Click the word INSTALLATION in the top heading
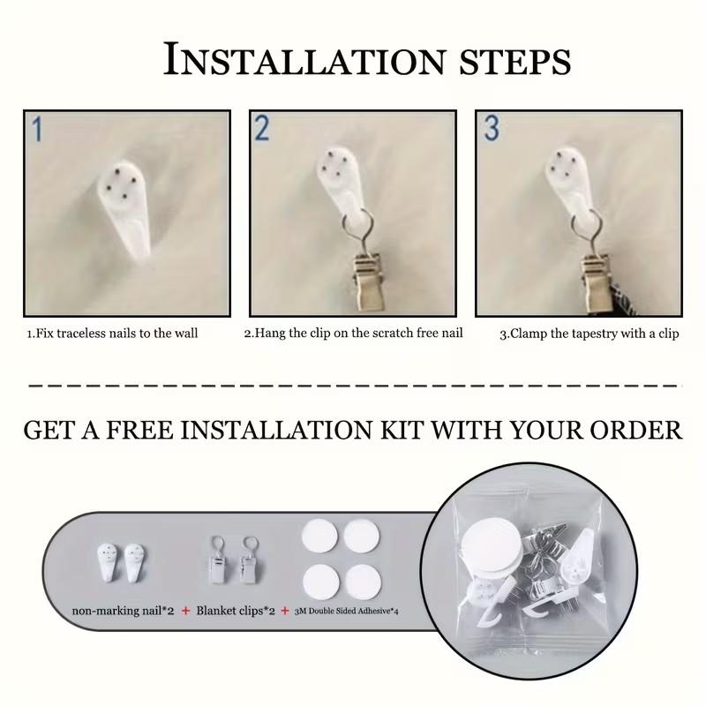pos(304,59)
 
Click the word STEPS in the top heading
pos(515,62)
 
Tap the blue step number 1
pos(38,129)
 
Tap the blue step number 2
pos(262,128)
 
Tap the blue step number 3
pos(492,128)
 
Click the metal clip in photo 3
pos(594,282)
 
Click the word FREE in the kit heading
pos(139,430)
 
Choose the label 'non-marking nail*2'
pos(123,611)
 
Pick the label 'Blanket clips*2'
pos(236,611)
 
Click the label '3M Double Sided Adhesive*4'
pos(346,611)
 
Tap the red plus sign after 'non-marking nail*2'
pos(185,611)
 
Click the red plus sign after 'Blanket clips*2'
pos(285,611)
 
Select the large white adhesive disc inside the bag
pos(492,549)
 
